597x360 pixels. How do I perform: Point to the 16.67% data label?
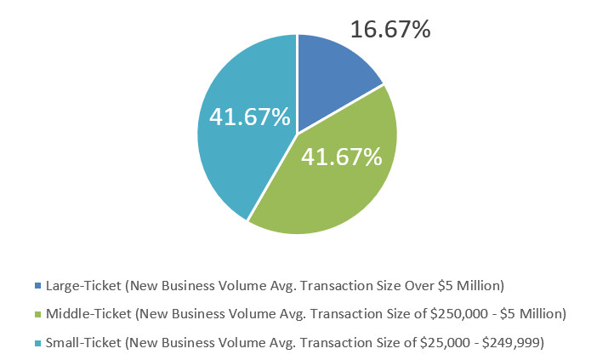[x=390, y=30]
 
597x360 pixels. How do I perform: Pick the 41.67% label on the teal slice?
[x=250, y=117]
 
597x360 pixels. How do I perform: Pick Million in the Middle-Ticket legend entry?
[x=538, y=314]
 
